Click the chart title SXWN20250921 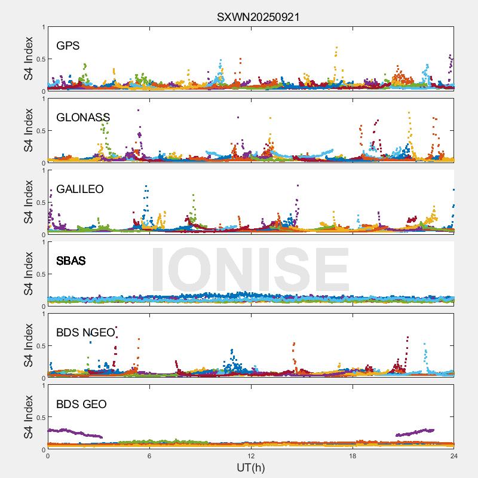click(258, 17)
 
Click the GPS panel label click(68, 46)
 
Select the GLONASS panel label click(83, 118)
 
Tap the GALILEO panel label click(80, 189)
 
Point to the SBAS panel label click(71, 261)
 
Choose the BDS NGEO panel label click(85, 333)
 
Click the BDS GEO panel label click(81, 405)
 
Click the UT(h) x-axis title click(251, 467)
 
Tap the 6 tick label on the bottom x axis click(149, 456)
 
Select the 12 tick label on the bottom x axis click(251, 456)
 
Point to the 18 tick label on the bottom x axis click(353, 456)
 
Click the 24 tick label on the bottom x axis click(454, 456)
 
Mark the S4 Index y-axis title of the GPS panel click(29, 59)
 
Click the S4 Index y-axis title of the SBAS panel click(29, 274)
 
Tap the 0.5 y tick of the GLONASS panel click(38, 131)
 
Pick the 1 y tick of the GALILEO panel click(43, 170)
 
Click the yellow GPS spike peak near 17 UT click(336, 47)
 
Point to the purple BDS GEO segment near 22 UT click(415, 431)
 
